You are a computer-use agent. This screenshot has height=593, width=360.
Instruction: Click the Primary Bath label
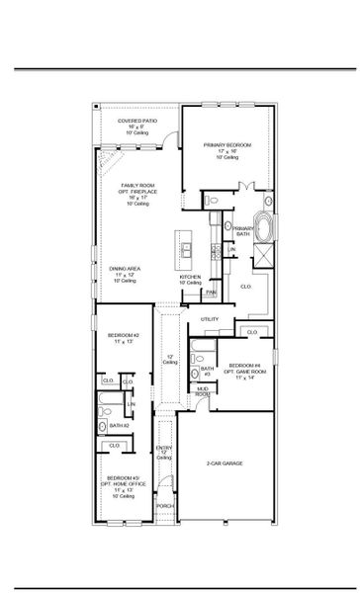tap(243, 231)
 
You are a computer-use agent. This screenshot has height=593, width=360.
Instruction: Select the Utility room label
tap(210, 319)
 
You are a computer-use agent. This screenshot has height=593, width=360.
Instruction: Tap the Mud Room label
tap(202, 391)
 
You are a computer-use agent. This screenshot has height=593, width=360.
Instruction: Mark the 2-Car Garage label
tap(225, 463)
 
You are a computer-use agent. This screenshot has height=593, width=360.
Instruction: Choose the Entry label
tap(164, 451)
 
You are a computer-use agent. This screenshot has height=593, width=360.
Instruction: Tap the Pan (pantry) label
tap(211, 293)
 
